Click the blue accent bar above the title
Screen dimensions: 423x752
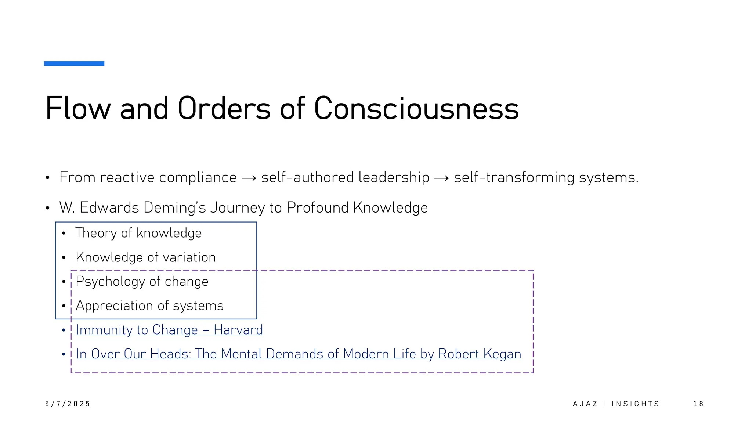click(74, 64)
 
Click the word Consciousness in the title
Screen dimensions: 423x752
click(416, 108)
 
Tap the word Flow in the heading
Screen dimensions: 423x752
click(78, 108)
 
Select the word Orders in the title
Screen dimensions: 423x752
click(224, 108)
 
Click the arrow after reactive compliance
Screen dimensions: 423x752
click(249, 178)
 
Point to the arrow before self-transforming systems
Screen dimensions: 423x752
click(441, 178)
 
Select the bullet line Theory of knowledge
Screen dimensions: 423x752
click(138, 233)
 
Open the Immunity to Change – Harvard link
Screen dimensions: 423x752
click(169, 330)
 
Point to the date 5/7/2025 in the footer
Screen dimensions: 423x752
click(68, 404)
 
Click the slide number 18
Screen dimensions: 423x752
click(698, 404)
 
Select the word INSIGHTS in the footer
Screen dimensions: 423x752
click(635, 404)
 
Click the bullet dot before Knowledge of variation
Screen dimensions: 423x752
click(64, 258)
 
